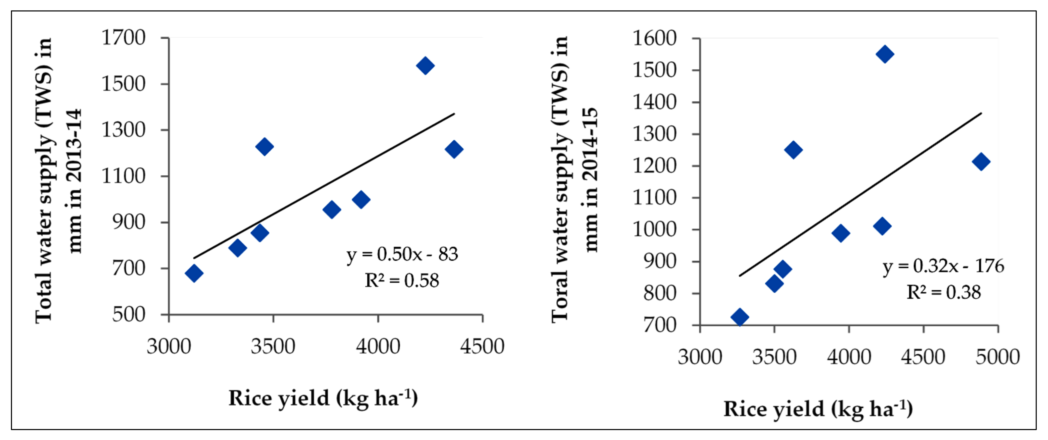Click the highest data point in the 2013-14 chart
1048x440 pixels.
425,65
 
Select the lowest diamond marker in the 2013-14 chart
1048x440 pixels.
194,273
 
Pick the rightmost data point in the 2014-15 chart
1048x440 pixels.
981,162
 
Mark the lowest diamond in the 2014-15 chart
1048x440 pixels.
740,317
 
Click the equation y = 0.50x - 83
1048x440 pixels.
402,254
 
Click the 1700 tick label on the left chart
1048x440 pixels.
123,38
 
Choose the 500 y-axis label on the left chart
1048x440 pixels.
129,314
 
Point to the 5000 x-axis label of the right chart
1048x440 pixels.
997,357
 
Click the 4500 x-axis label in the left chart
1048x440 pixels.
482,346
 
